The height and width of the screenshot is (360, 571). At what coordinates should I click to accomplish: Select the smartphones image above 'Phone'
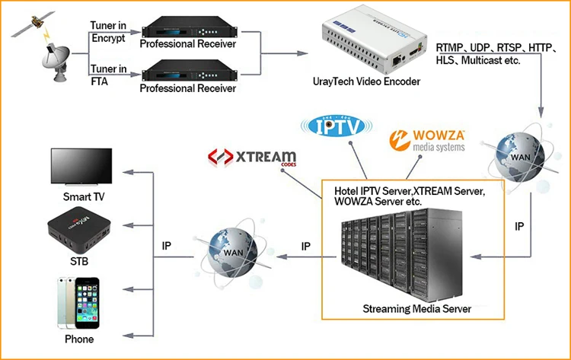click(76, 302)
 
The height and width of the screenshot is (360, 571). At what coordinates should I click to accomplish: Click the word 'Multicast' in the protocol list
click(487, 60)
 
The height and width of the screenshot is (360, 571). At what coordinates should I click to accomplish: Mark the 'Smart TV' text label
click(82, 196)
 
